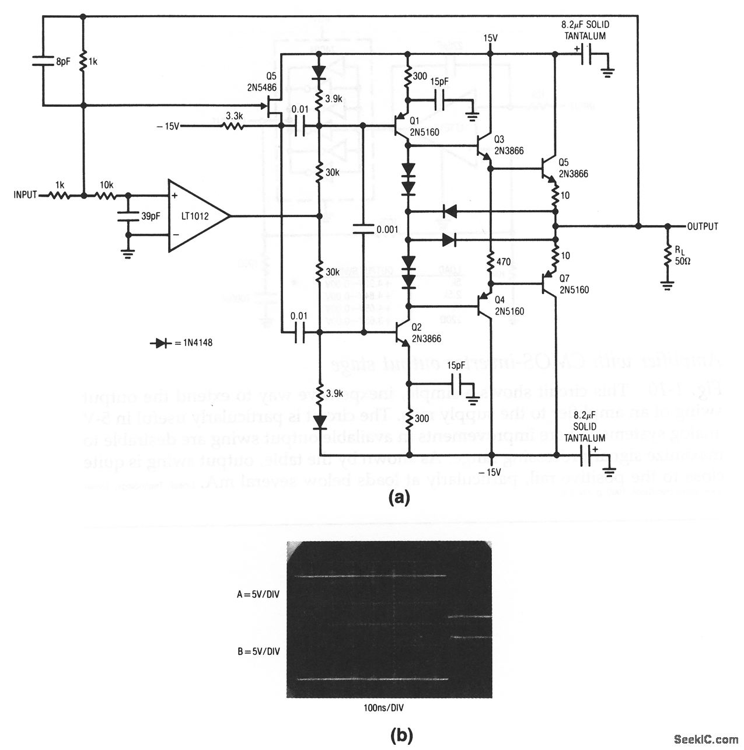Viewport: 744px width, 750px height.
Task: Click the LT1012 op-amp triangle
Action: click(195, 217)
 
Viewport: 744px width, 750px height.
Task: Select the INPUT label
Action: click(25, 195)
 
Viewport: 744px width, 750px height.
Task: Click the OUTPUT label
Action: click(703, 226)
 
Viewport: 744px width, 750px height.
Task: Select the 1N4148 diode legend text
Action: click(192, 343)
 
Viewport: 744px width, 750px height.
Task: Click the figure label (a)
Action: click(399, 498)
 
